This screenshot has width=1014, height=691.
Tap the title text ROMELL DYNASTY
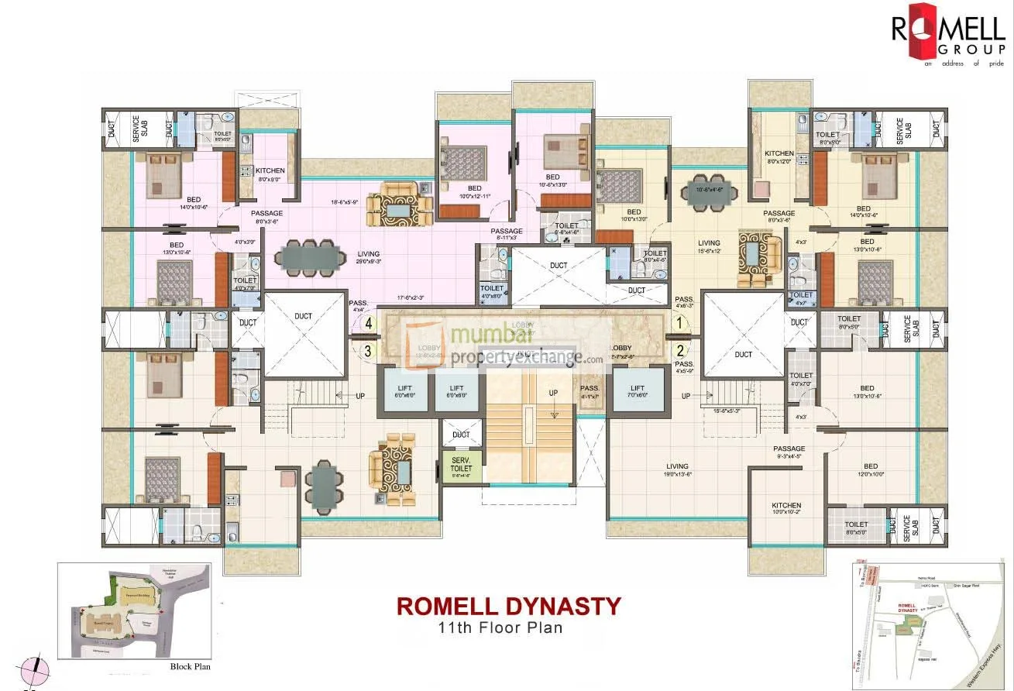[x=509, y=605]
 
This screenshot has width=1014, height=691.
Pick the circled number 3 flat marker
[x=369, y=350]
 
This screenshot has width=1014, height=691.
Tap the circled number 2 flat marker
[x=680, y=350]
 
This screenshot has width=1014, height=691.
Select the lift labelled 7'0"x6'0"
[x=638, y=390]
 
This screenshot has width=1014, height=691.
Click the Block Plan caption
[x=190, y=665]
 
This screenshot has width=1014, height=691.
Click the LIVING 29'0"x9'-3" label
[x=368, y=258]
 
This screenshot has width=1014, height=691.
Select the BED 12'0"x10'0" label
[x=871, y=470]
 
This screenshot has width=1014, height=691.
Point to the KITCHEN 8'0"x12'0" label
[x=779, y=157]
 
